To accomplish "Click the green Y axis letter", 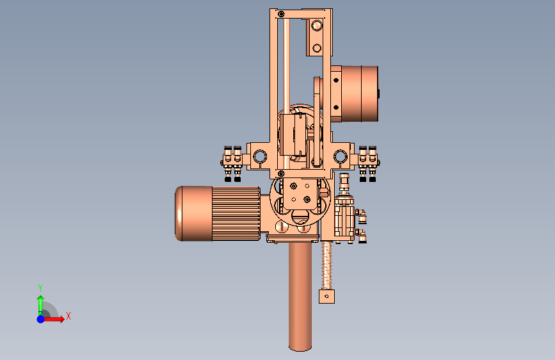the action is click(40, 288).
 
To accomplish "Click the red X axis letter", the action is click(68, 316).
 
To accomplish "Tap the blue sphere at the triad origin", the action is click(41, 319).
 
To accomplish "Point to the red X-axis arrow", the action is click(52, 319).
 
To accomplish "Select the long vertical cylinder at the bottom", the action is click(300, 297).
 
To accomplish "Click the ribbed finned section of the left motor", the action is click(236, 214).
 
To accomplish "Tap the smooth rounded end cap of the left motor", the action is click(193, 214).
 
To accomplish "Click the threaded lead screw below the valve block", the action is click(326, 266).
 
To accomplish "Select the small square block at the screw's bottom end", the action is click(326, 297).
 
